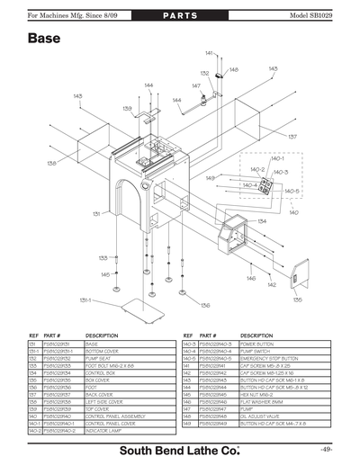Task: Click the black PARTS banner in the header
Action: (x=180, y=17)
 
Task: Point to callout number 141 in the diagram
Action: (x=209, y=54)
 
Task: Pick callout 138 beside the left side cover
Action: (x=51, y=163)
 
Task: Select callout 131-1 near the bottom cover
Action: (x=85, y=300)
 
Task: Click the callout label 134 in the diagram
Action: (x=262, y=220)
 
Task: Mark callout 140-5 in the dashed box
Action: (x=291, y=192)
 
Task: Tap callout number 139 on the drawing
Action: (x=128, y=108)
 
